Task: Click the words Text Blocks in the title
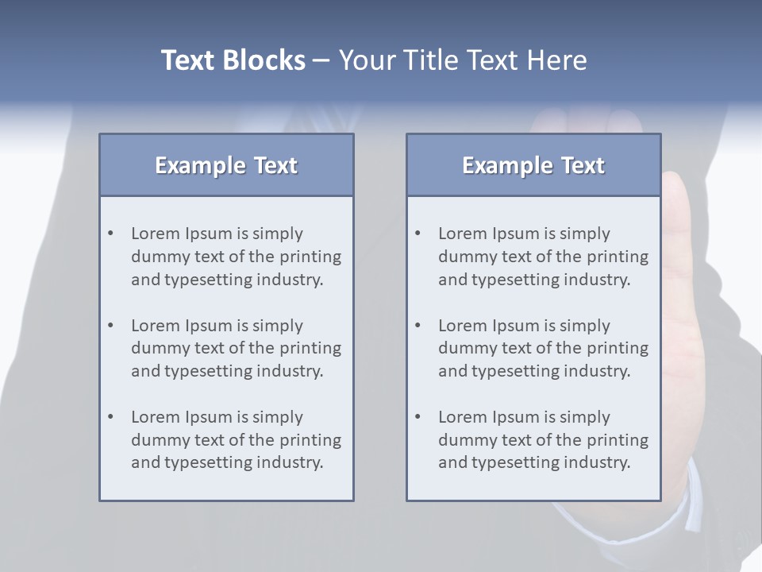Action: tap(233, 60)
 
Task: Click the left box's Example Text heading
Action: tap(226, 165)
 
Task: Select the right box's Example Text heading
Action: tap(533, 165)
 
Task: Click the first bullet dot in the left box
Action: tap(111, 234)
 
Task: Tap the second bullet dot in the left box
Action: tap(111, 326)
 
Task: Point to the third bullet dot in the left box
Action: tap(111, 417)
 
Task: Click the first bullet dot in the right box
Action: tap(418, 234)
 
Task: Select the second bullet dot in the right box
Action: tap(418, 326)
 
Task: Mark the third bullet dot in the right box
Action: tap(418, 417)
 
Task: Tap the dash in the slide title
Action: tap(321, 60)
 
